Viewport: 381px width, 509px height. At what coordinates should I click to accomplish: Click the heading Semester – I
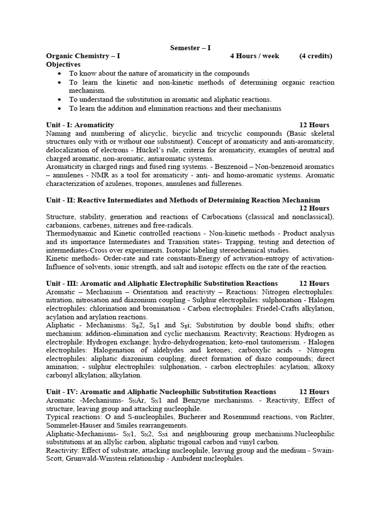point(190,48)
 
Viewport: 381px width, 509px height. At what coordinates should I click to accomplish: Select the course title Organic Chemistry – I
point(83,56)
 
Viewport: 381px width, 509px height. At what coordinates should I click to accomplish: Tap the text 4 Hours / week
point(254,56)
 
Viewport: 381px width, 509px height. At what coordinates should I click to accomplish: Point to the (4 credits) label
point(316,56)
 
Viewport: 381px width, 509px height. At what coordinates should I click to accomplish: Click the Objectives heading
point(63,65)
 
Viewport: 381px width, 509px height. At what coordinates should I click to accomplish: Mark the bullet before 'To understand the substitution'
point(60,99)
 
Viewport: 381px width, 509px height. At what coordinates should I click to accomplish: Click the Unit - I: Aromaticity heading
point(80,125)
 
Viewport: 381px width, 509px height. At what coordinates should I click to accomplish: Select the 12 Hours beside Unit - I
point(314,125)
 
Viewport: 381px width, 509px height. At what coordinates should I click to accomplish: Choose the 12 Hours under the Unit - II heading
point(314,208)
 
